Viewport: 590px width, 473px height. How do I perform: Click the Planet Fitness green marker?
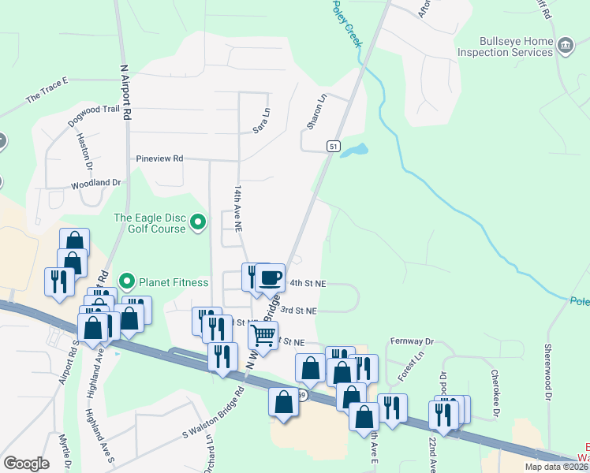(x=126, y=281)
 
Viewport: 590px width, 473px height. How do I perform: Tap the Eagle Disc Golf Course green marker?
(x=199, y=224)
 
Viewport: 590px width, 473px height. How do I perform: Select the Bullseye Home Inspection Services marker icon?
(x=565, y=47)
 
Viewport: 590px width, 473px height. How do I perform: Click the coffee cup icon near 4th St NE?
(x=271, y=277)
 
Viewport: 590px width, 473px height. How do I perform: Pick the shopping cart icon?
(x=263, y=334)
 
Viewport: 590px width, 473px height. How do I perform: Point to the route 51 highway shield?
(x=334, y=147)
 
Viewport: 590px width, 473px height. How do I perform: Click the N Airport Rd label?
(x=125, y=92)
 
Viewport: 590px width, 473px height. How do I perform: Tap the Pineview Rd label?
(x=159, y=158)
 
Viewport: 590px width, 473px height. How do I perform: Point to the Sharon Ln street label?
(x=316, y=113)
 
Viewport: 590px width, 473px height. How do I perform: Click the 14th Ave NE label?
(x=236, y=209)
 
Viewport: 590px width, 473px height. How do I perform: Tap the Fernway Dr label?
(x=413, y=341)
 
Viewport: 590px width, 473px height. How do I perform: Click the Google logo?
(x=27, y=463)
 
